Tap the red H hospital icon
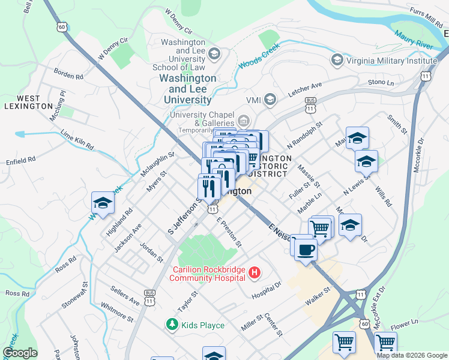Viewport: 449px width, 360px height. (255, 273)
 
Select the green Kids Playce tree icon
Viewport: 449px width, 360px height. (172, 325)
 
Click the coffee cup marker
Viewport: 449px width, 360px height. (306, 250)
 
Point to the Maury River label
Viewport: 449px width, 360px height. (414, 40)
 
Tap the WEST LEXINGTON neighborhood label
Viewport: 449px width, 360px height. (28, 102)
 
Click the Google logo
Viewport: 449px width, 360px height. (20, 353)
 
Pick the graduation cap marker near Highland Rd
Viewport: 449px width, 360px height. (103, 203)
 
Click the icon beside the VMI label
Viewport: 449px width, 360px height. (270, 99)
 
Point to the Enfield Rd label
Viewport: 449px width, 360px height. (21, 160)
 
